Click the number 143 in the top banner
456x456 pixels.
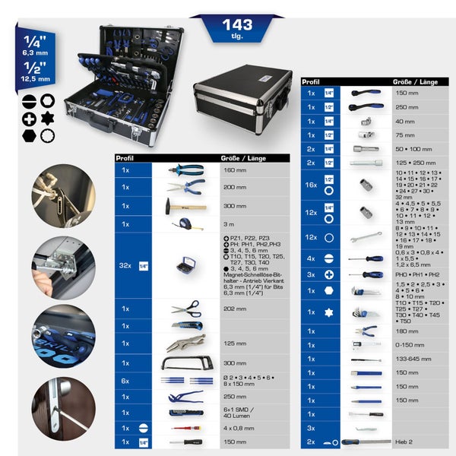[237, 25]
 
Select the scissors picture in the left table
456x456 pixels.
[185, 308]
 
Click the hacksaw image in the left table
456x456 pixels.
[185, 363]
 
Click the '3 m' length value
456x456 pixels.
[229, 224]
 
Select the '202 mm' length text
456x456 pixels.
[235, 309]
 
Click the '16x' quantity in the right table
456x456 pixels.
[311, 184]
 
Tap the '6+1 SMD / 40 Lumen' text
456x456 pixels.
[240, 413]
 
